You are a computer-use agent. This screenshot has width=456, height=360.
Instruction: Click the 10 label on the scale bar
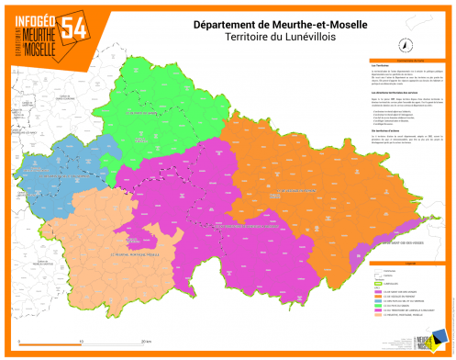[x=82, y=340]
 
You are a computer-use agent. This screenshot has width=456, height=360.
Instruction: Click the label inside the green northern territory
[x=139, y=112]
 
